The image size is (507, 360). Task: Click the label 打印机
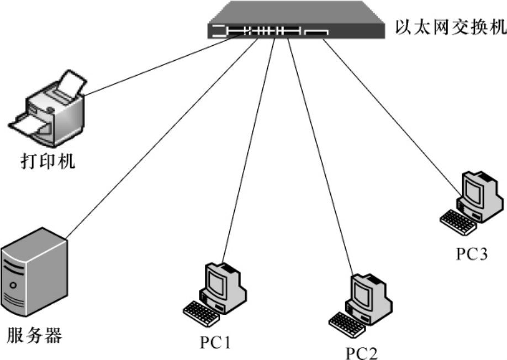pos(49,163)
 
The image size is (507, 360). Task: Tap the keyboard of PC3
pos(457,222)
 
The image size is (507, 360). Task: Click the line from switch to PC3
pos(392,116)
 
